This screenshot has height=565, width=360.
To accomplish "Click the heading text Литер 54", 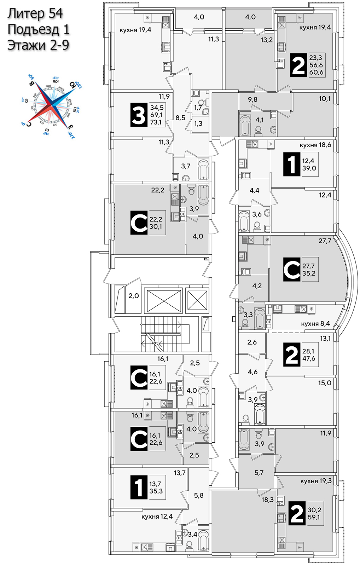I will pyautogui.click(x=35, y=13).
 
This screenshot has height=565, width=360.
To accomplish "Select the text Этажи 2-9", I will pyautogui.click(x=38, y=45).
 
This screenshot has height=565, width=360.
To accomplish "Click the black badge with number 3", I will pyautogui.click(x=138, y=115).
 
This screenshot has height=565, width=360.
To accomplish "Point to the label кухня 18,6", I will pyautogui.click(x=315, y=145).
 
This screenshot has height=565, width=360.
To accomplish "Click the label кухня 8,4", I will pyautogui.click(x=315, y=324).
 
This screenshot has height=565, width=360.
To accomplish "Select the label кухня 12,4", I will pyautogui.click(x=157, y=517).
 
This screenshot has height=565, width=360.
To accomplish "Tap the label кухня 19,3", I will pyautogui.click(x=316, y=481).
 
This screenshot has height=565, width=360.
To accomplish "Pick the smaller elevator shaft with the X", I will pyautogui.click(x=197, y=300).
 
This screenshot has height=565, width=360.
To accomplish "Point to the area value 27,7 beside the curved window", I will pyautogui.click(x=325, y=241).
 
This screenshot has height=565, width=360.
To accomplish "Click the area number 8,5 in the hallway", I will pyautogui.click(x=180, y=118).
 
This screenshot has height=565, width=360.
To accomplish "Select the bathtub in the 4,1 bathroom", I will pyautogui.click(x=245, y=124).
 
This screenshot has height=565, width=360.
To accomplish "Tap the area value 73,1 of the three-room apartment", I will pyautogui.click(x=156, y=122).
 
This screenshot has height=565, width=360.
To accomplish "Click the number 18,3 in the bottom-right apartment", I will pyautogui.click(x=267, y=500).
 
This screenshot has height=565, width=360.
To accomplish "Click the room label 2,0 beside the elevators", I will pyautogui.click(x=134, y=296).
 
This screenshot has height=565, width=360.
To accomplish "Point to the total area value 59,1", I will pyautogui.click(x=314, y=517).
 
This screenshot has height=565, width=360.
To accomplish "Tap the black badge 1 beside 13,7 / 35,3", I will pyautogui.click(x=139, y=487).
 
